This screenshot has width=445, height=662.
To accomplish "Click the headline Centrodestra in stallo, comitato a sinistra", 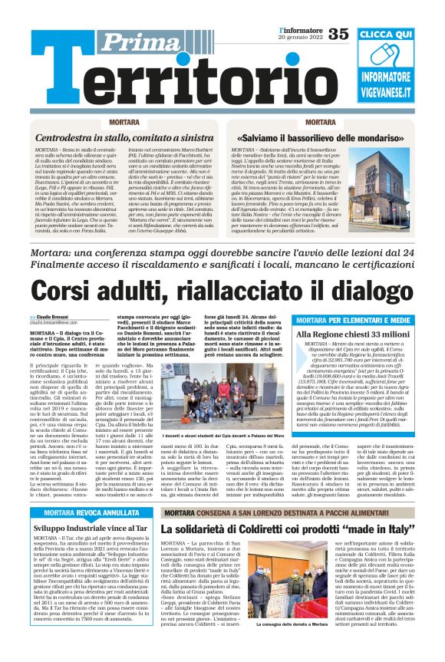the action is [114, 137].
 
